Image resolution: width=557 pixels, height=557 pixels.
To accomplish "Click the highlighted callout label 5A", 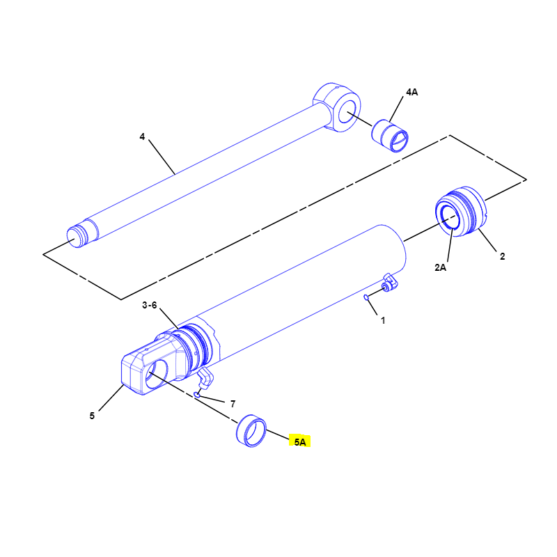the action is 300,442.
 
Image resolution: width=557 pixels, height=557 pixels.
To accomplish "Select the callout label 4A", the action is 411,92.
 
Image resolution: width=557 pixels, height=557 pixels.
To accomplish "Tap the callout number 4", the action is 142,136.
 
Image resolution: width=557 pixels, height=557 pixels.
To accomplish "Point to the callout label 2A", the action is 440,267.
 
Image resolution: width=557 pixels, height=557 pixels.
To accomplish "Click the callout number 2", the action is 502,256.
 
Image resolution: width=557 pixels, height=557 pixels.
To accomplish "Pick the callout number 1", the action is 383,320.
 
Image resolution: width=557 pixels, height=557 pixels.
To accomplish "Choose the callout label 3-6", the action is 149,305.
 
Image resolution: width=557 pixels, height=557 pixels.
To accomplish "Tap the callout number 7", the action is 233,404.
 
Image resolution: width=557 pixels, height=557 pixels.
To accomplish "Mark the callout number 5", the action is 92,416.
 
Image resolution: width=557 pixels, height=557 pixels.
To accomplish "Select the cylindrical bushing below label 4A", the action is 390,136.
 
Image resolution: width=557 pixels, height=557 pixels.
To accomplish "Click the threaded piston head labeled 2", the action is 460,211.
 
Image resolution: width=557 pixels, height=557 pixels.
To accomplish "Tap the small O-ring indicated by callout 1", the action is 366,297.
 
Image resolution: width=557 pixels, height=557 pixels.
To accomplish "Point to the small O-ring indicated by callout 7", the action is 197,394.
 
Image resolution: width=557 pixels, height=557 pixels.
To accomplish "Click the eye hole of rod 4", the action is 347,111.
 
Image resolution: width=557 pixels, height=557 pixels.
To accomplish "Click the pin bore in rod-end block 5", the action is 156,374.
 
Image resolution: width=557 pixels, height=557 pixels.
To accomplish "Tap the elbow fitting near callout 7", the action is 205,378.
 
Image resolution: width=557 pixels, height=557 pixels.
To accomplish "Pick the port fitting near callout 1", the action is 389,282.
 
